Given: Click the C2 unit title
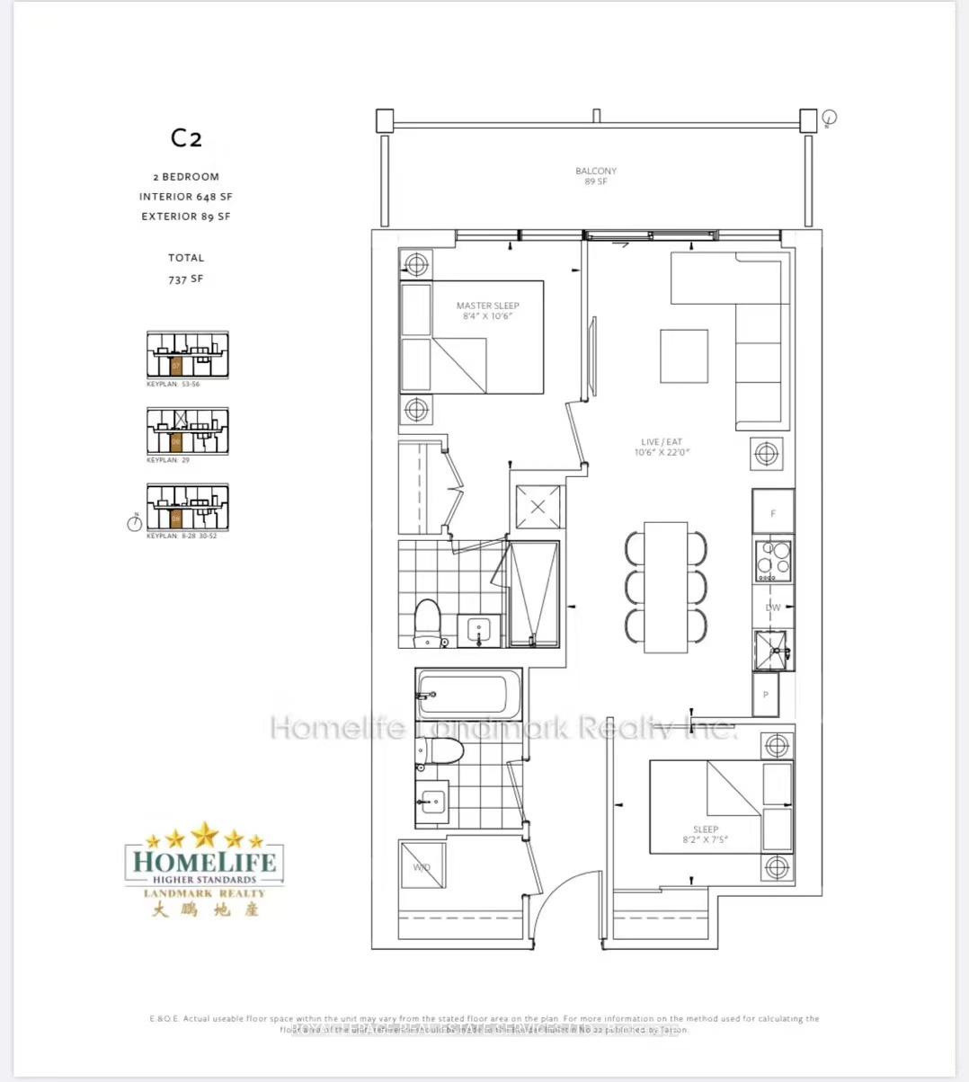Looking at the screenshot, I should pos(186,137).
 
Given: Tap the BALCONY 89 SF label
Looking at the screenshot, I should pos(596,176).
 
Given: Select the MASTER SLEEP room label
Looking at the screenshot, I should pos(487,311).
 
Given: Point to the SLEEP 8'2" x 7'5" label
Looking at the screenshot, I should pos(706,835).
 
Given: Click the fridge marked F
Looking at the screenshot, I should pos(773,512).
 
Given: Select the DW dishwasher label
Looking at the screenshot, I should pos(773,608).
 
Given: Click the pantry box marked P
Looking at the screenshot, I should pos(766,695).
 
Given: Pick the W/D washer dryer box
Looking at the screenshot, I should pos(422,867).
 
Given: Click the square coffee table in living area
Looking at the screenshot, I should pos(683,356).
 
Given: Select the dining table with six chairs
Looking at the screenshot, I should pos(665,587).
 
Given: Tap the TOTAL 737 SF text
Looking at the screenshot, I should pos(186,268).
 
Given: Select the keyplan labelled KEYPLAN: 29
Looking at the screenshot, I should pos(186,432).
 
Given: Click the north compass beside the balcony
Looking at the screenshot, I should pos(830,118).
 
